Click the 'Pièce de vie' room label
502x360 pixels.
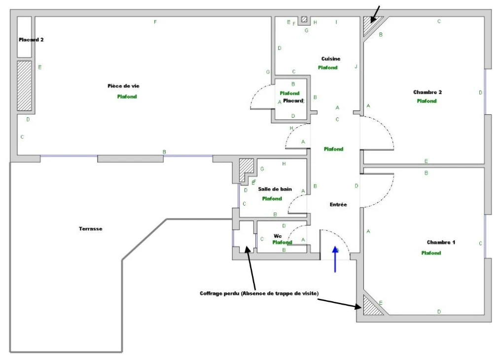123,86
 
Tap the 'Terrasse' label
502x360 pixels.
91,229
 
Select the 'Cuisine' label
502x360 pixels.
331,59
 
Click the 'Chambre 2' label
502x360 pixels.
428,92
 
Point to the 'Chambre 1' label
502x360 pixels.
441,242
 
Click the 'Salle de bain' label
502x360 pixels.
275,189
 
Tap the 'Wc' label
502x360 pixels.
278,236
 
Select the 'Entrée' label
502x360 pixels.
338,204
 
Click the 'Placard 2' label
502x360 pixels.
31,40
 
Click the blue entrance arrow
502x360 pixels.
335,259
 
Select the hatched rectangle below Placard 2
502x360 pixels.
24,86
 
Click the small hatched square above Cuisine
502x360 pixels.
304,20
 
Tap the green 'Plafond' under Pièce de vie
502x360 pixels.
127,96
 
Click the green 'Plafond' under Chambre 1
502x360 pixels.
431,252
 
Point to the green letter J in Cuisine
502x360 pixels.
356,67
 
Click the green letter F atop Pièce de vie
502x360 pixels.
155,22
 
